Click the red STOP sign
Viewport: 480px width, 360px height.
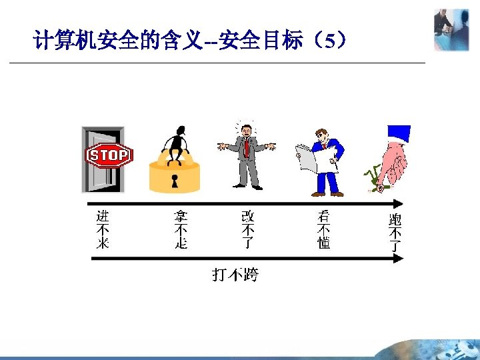point(109,156)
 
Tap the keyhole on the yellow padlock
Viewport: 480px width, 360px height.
point(175,181)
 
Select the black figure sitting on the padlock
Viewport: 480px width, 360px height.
point(177,143)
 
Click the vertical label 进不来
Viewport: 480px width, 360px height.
point(102,229)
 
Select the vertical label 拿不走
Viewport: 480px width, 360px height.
point(180,229)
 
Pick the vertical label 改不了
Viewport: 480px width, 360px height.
point(248,229)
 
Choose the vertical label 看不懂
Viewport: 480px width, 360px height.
point(324,229)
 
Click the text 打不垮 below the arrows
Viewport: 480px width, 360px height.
point(235,274)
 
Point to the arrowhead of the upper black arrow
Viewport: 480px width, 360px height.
point(399,204)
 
